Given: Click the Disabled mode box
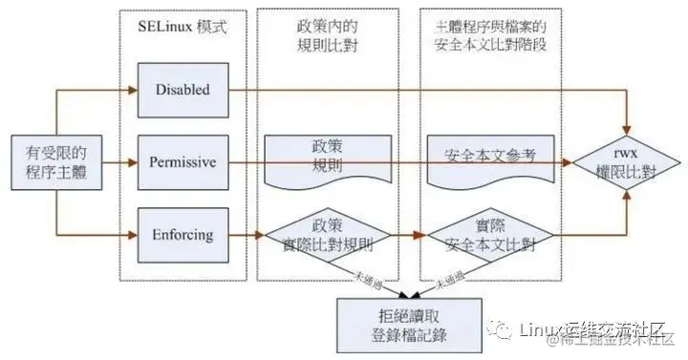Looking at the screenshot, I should pyautogui.click(x=187, y=89).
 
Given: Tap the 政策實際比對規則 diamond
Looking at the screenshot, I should pyautogui.click(x=328, y=235).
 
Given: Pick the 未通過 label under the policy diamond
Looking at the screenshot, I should pyautogui.click(x=364, y=276).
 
